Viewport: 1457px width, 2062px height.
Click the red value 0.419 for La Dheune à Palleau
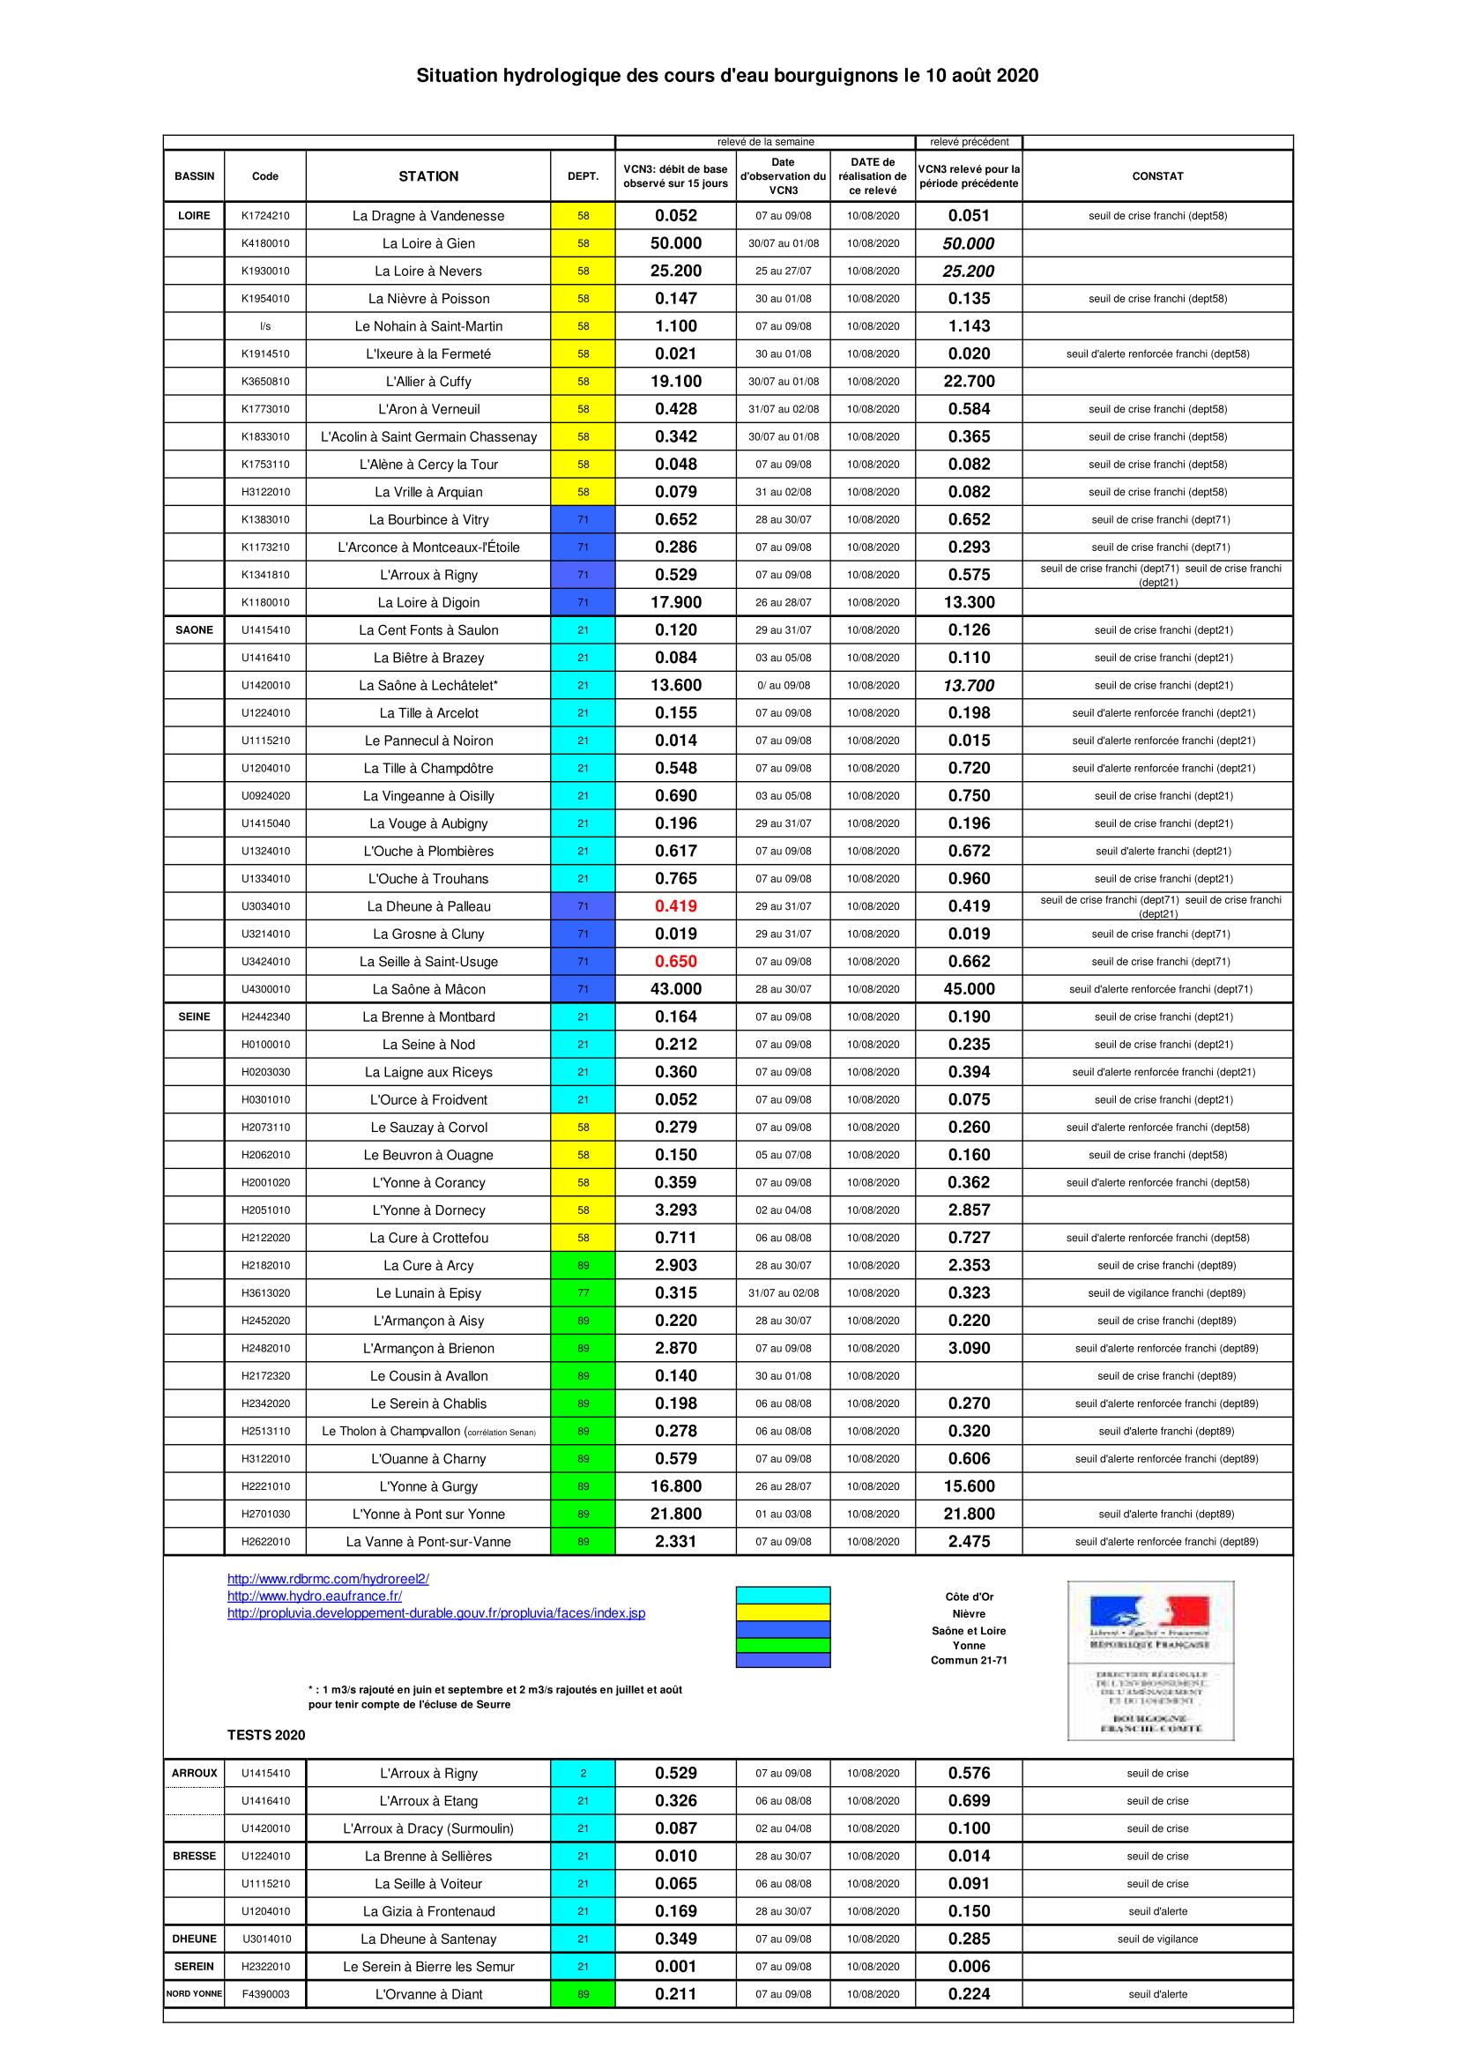675,906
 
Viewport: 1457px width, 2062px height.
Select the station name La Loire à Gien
428,243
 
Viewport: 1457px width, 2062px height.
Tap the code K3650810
264,382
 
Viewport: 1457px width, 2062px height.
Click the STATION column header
428,176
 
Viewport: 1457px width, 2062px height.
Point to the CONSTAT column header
1157,176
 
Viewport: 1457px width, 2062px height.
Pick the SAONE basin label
194,630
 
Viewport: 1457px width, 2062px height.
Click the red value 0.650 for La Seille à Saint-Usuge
675,962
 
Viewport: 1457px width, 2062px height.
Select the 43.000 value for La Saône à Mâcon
675,990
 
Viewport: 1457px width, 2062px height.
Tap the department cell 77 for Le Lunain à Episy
583,1293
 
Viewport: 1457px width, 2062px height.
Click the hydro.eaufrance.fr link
314,1596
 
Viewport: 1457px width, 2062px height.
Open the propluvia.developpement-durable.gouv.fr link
435,1613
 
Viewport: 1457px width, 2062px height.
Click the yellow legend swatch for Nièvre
783,1612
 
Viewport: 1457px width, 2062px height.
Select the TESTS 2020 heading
265,1735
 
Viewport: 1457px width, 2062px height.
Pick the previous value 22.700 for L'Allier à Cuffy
969,382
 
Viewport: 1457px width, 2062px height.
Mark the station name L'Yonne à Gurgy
428,1486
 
